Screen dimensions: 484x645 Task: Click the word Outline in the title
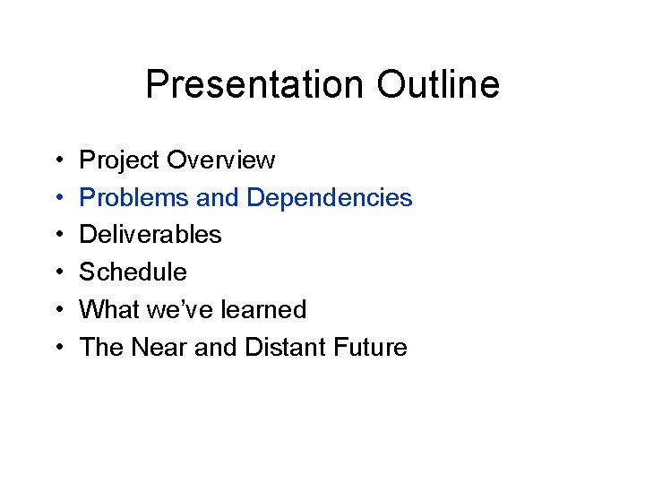438,85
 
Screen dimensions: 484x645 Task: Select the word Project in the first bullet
119,161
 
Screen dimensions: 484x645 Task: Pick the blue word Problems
134,198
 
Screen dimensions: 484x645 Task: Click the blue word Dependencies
330,199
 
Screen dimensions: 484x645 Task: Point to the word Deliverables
150,235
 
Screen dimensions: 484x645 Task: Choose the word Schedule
133,272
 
